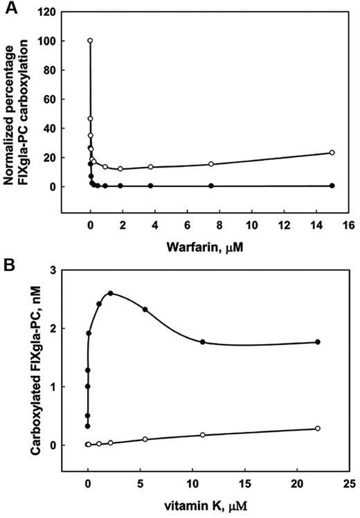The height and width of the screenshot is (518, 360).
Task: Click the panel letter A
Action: [8, 8]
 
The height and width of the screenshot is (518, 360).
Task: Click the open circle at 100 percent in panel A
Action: [90, 40]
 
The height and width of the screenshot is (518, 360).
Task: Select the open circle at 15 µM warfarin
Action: [332, 152]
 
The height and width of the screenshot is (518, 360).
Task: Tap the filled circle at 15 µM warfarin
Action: [332, 186]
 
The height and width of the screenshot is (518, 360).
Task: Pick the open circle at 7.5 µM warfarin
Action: [211, 164]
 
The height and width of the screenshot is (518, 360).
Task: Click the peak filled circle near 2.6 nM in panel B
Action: [110, 293]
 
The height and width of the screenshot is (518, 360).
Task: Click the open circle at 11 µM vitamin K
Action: [202, 435]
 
